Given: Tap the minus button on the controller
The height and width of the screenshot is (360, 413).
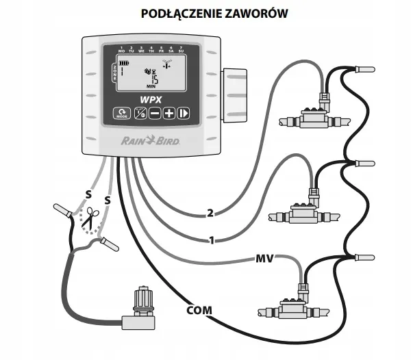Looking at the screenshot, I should [x=155, y=114].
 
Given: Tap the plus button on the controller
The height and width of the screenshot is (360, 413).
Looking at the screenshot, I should [x=169, y=114].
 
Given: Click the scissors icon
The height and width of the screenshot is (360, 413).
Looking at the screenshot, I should [x=88, y=218].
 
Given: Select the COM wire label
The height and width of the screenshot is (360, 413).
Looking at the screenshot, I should [x=199, y=310].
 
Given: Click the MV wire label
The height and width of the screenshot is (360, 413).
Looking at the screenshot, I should [x=264, y=258].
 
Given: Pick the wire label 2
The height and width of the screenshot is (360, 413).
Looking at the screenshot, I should [x=210, y=213].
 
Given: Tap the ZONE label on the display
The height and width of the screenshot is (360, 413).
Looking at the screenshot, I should [x=114, y=71].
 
